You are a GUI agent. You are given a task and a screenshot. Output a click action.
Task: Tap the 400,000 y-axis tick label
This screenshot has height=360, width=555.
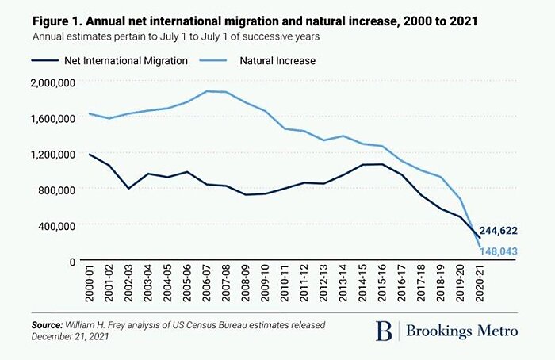click(52, 225)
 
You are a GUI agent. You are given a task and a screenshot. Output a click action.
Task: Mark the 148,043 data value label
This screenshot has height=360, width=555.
click(511, 252)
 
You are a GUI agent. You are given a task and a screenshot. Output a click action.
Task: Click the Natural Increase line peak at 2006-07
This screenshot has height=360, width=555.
click(208, 91)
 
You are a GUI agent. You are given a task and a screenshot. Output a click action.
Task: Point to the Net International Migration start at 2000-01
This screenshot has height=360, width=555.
click(90, 155)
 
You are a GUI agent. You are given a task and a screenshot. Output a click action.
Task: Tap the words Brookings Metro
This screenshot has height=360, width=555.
click(463, 331)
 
